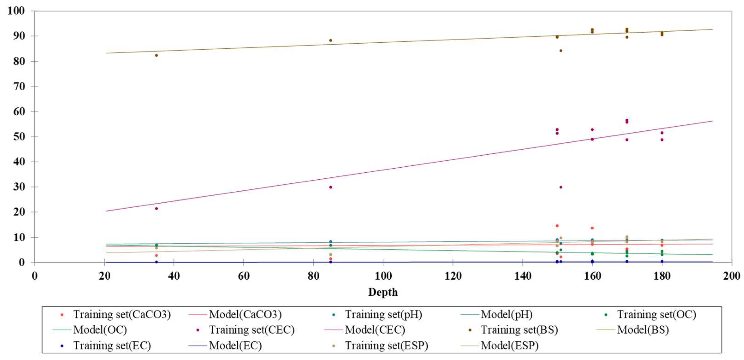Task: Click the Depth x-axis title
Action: [383, 292]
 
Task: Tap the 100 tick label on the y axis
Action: [16, 11]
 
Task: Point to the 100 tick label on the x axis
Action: [383, 276]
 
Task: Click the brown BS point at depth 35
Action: [156, 55]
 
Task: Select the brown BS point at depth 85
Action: [331, 40]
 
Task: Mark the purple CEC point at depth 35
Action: [156, 209]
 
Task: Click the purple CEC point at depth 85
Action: [331, 187]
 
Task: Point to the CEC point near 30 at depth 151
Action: [561, 187]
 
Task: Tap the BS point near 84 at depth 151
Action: [561, 50]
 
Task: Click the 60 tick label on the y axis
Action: [19, 112]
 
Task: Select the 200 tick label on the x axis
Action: [731, 276]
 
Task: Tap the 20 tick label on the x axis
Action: [104, 276]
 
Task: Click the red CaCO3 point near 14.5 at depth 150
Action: [557, 226]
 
